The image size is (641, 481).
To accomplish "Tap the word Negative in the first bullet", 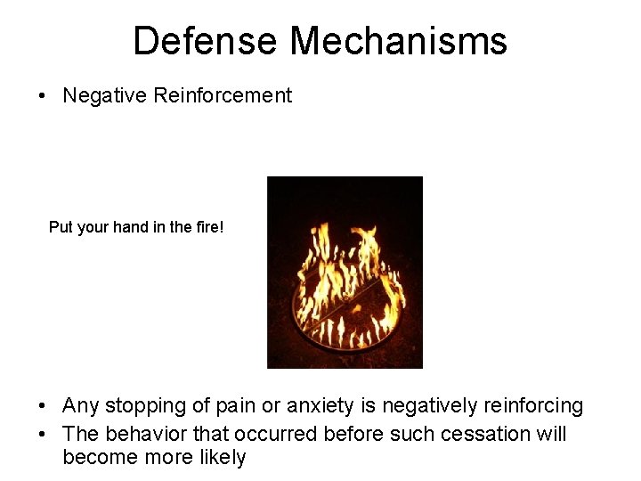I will click(x=105, y=95).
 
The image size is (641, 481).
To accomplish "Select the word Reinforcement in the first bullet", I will click(x=223, y=95).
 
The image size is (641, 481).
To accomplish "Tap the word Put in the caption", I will click(x=61, y=227).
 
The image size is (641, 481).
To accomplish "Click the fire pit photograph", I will click(x=345, y=273).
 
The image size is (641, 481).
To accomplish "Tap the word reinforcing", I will click(x=533, y=407).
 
